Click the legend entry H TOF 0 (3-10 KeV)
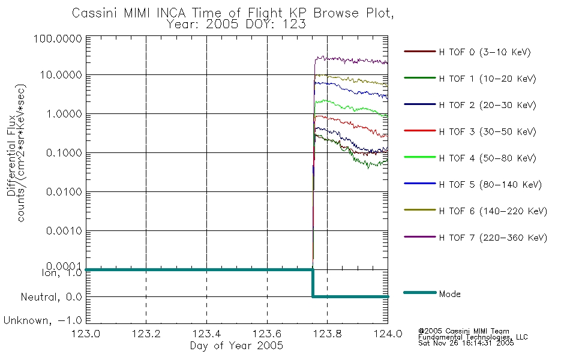click(x=485, y=52)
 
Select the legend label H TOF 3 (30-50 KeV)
click(x=487, y=131)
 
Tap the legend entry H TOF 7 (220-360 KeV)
click(x=493, y=238)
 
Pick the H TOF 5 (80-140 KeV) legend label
click(x=490, y=185)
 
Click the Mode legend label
click(x=449, y=294)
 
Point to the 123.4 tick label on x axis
click(x=206, y=334)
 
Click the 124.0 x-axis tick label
click(x=388, y=334)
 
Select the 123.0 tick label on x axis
click(x=86, y=334)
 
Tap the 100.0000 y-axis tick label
click(x=58, y=38)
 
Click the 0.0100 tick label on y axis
click(x=64, y=191)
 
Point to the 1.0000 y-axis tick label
click(x=64, y=114)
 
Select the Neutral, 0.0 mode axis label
click(x=51, y=298)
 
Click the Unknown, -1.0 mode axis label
click(x=43, y=321)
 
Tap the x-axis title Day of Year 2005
click(x=236, y=346)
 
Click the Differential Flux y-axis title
click(x=11, y=155)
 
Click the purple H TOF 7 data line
click(x=351, y=61)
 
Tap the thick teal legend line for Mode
click(x=420, y=293)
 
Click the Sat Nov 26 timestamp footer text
click(x=466, y=343)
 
